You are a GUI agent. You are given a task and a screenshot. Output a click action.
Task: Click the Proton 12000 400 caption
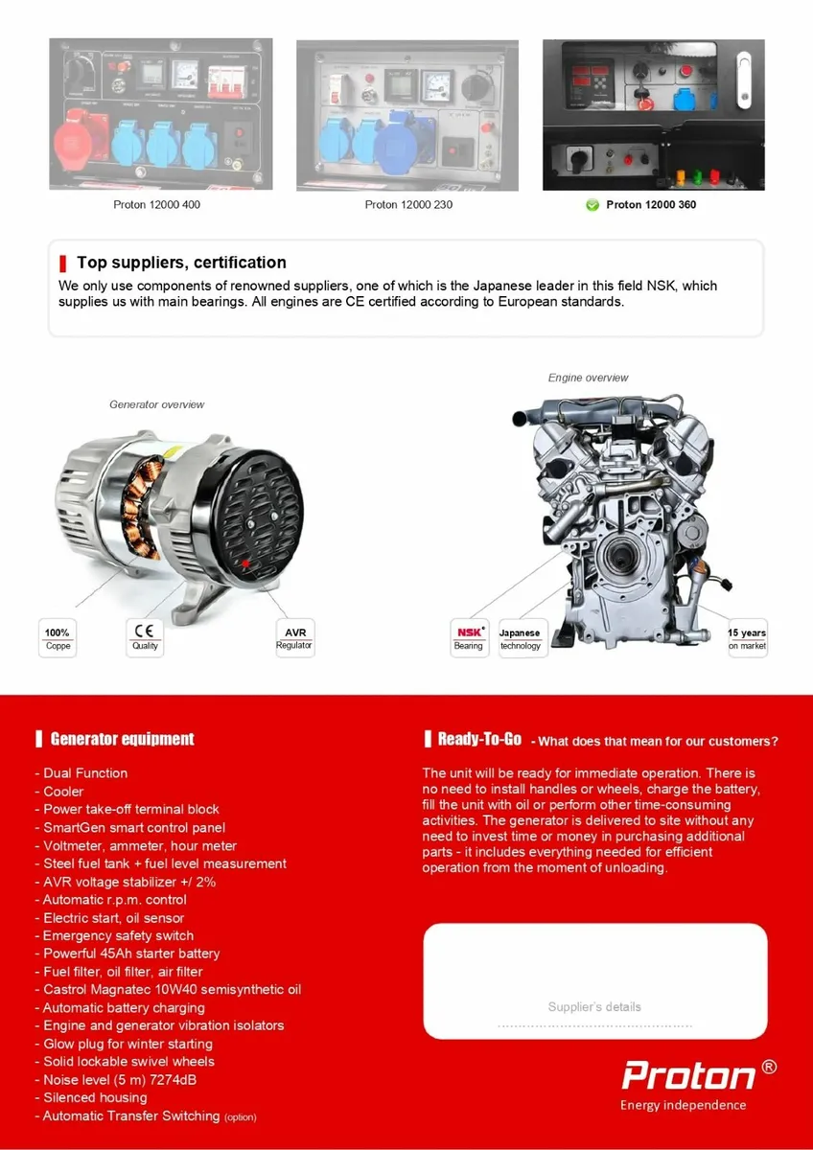click(x=156, y=205)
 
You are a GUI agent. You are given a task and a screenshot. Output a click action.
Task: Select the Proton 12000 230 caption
click(x=408, y=205)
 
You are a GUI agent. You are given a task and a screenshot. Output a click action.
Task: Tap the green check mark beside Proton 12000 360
click(x=592, y=205)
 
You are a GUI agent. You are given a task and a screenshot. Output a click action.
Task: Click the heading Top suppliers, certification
click(x=181, y=263)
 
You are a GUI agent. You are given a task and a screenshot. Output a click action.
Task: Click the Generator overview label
click(x=156, y=404)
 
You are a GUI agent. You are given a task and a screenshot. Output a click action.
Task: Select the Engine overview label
click(x=588, y=378)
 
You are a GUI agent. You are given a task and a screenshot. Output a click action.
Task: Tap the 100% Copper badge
click(x=58, y=638)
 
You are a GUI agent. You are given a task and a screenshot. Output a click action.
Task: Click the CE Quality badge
click(x=145, y=638)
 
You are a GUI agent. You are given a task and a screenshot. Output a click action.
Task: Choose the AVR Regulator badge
click(x=294, y=638)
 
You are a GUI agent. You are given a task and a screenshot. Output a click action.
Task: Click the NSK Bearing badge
click(x=469, y=638)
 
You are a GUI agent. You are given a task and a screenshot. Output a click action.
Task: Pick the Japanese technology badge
click(x=520, y=638)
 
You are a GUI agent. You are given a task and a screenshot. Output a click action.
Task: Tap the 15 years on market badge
click(x=747, y=638)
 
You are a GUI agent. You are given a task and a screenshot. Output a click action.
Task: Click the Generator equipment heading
click(x=122, y=739)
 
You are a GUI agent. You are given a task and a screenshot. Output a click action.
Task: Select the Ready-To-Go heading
click(x=479, y=739)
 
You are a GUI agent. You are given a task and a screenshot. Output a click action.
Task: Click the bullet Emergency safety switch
click(x=118, y=935)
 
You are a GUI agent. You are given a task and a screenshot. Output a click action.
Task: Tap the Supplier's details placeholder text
click(x=594, y=1007)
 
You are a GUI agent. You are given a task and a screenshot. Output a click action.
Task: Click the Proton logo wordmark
click(x=689, y=1075)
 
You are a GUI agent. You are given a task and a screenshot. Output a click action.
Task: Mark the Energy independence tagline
click(x=683, y=1105)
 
